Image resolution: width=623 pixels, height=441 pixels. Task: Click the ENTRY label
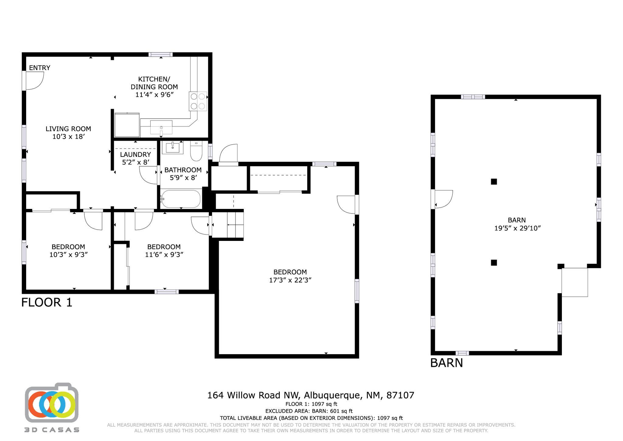[x=40, y=68]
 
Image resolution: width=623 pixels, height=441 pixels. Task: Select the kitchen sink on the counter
[x=161, y=127]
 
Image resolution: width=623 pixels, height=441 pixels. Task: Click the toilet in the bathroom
[x=196, y=151]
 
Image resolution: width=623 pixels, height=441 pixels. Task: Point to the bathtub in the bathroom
[x=181, y=199]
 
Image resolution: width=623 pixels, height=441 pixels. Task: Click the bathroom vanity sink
[x=172, y=148]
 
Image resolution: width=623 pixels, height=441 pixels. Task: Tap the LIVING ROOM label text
[x=68, y=129]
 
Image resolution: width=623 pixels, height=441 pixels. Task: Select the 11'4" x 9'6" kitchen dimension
[x=154, y=95]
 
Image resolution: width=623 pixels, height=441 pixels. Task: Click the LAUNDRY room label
[x=135, y=154]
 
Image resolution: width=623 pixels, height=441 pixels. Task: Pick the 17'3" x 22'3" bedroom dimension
[x=290, y=280]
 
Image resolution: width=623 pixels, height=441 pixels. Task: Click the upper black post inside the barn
[x=494, y=182]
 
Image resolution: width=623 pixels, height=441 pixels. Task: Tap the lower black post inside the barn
[x=494, y=263]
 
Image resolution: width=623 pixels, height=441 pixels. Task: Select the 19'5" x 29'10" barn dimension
[x=517, y=228]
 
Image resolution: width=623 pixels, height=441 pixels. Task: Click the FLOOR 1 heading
[x=47, y=302]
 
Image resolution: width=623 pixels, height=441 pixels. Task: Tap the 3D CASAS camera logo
[x=51, y=404]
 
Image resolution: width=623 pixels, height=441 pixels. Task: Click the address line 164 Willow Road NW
[x=311, y=395]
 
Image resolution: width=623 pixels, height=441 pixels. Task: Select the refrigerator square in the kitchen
[x=127, y=125]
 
